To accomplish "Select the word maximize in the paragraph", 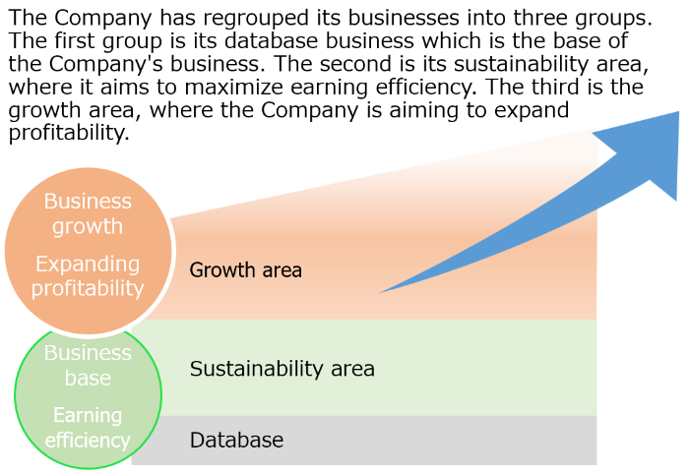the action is coord(233,87).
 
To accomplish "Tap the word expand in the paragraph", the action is coord(532,110).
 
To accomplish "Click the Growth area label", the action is coord(245,270).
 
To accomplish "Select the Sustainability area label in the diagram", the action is coord(282,369).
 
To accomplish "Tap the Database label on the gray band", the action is coord(236,440).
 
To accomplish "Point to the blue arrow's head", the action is coord(647,154).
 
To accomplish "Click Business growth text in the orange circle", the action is coord(88,214).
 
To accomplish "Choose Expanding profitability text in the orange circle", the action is coord(88,276).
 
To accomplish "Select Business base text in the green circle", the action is coord(88,366).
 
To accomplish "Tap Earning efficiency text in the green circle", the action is coord(88,429).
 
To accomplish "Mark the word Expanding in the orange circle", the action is coord(88,265).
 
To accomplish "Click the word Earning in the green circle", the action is coord(88,416).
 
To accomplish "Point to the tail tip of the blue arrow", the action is coord(380,292).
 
